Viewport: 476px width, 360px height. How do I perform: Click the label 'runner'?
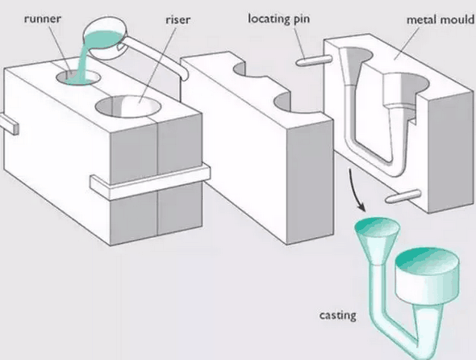(43, 19)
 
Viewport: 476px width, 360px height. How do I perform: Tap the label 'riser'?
(177, 19)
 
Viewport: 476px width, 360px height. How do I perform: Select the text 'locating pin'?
(278, 19)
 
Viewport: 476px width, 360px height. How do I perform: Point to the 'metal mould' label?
(441, 19)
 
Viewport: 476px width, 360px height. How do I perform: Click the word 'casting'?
(337, 316)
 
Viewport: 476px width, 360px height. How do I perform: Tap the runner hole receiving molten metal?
(78, 77)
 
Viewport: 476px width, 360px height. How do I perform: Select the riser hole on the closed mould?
(128, 107)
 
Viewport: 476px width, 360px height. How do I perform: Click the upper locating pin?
(314, 61)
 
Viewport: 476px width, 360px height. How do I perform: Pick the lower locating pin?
(403, 196)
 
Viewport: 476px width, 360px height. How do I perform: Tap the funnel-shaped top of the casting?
(377, 240)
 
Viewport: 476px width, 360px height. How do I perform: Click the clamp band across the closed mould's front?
(151, 182)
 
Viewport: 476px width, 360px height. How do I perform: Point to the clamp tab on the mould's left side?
(9, 124)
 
